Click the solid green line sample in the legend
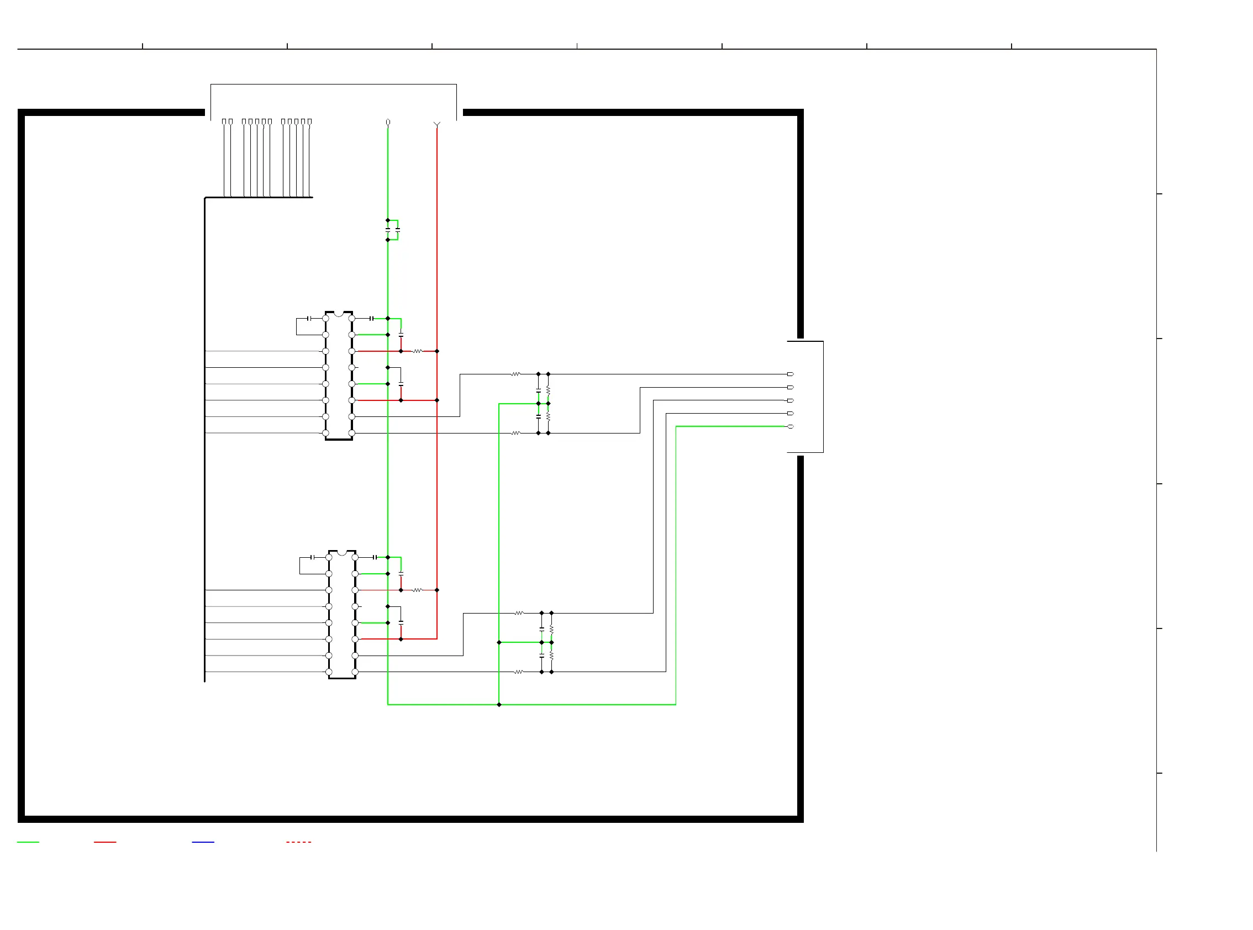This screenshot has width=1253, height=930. tap(28, 842)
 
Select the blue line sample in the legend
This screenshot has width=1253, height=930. tap(203, 842)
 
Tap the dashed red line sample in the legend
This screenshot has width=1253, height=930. tap(298, 842)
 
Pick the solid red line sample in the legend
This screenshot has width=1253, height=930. tap(105, 842)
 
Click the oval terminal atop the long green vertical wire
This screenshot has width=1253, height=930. tap(387, 122)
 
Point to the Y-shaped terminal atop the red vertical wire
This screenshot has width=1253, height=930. tap(436, 124)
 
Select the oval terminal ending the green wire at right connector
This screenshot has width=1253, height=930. tap(790, 426)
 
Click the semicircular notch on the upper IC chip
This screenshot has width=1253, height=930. tap(339, 314)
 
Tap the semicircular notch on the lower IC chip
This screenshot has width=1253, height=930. tap(342, 553)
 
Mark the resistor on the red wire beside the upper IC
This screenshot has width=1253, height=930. tap(417, 351)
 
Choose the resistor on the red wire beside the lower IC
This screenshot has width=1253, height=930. tap(417, 590)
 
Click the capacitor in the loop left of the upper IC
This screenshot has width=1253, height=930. tap(309, 319)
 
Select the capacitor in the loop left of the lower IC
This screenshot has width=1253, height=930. tap(313, 557)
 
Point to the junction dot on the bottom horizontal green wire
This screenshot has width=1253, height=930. tap(498, 704)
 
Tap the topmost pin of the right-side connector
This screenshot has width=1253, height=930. tap(790, 374)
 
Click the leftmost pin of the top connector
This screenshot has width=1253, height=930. tap(224, 121)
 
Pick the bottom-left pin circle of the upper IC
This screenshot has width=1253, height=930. tap(325, 433)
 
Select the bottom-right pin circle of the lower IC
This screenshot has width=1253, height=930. tap(355, 672)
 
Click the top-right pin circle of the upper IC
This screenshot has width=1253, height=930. tap(352, 319)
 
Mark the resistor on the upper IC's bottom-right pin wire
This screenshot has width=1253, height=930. tap(515, 433)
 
